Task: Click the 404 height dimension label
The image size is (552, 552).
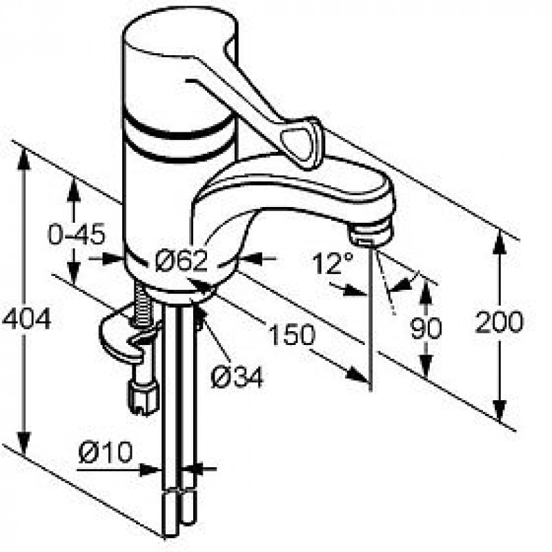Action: click(27, 319)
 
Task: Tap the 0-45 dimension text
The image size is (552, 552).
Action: click(77, 234)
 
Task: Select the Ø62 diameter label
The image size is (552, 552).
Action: click(181, 260)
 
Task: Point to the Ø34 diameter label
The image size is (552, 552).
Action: click(237, 377)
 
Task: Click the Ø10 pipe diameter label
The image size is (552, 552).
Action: click(106, 452)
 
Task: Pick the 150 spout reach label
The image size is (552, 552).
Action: click(291, 334)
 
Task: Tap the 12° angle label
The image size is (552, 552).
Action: click(332, 263)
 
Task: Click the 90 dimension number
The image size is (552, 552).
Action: click(426, 328)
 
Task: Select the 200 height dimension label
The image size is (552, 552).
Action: click(499, 322)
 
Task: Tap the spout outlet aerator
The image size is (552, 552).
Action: click(371, 233)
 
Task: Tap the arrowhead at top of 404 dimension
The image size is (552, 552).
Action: click(23, 158)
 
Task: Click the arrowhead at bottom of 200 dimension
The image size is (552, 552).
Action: click(499, 410)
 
